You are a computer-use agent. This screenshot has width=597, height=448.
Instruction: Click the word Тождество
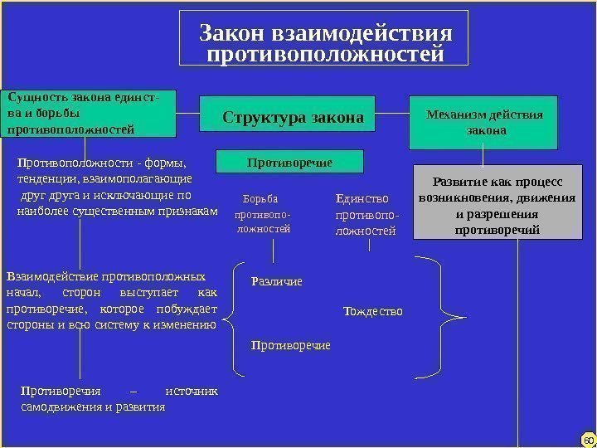coord(372,311)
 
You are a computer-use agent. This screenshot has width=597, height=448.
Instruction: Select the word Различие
coord(276,281)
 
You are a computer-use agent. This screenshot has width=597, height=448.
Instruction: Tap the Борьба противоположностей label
coord(264,213)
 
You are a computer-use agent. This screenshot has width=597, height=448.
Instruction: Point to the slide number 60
coord(588,437)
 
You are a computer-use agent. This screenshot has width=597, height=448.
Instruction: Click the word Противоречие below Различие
coord(290,344)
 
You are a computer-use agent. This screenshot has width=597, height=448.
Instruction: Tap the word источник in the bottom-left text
coord(192,391)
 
